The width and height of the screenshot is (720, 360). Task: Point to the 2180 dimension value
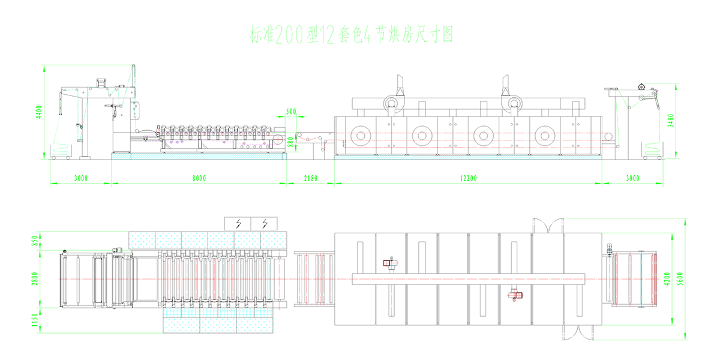click(310, 178)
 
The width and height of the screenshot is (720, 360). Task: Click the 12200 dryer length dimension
click(468, 178)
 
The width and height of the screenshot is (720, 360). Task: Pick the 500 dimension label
click(291, 112)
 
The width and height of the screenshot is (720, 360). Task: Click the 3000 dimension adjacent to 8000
click(80, 178)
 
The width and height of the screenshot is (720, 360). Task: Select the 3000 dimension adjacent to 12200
click(632, 178)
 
